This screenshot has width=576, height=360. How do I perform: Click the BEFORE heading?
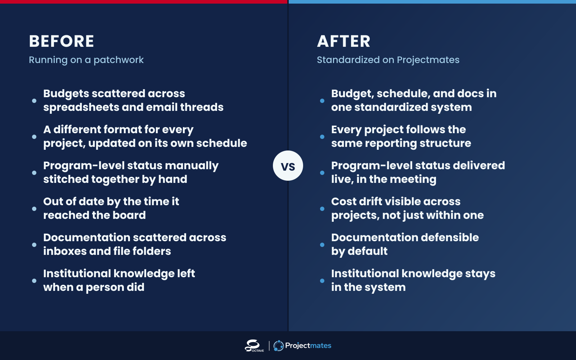coord(62,41)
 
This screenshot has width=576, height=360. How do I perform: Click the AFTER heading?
coord(343,41)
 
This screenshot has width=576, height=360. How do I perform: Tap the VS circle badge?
coord(288,166)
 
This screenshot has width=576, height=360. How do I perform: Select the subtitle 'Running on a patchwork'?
coord(86,60)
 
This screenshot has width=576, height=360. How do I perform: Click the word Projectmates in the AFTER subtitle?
coord(428,60)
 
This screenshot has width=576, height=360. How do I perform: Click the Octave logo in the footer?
coord(254,346)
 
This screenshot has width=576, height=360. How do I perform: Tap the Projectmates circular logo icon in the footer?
coord(279,346)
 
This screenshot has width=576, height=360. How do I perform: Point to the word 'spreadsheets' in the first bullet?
coord(81,108)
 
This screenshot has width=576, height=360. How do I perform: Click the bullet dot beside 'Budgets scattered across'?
coord(34,100)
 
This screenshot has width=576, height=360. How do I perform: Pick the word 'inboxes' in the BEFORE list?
coord(65,251)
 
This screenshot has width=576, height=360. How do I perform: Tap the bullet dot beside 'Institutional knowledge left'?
coord(34,280)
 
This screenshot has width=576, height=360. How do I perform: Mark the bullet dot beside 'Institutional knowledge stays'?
coord(322,280)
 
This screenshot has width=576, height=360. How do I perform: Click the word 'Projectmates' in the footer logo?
coord(308,346)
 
